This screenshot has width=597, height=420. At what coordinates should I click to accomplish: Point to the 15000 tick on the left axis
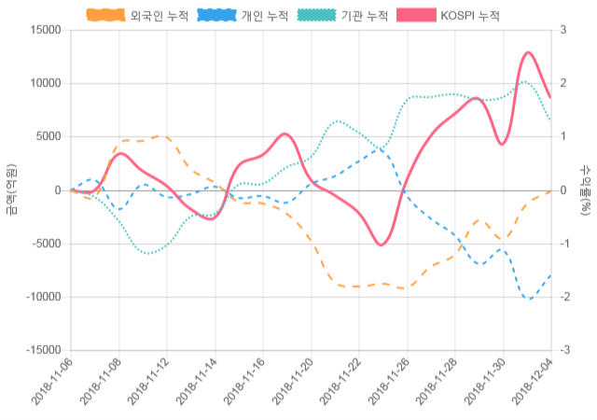pos(45,30)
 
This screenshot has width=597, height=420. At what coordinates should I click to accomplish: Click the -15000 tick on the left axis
pos(42,350)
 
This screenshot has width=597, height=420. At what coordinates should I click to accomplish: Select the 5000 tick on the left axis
pos(48,136)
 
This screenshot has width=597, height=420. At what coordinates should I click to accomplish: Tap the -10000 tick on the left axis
pos(42,297)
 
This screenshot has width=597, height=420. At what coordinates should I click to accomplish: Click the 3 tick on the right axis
pos(562,30)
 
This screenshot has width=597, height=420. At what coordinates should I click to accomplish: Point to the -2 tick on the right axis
pos(564,297)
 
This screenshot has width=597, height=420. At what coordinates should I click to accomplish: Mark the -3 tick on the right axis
pos(564,350)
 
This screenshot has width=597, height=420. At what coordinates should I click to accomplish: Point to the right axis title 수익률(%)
pos(585,189)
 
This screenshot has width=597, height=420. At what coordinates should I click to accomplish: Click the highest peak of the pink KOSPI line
pos(528,52)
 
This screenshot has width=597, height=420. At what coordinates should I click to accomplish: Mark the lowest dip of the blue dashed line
pos(530,299)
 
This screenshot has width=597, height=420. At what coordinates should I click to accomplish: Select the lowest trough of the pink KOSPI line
pos(381,245)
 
